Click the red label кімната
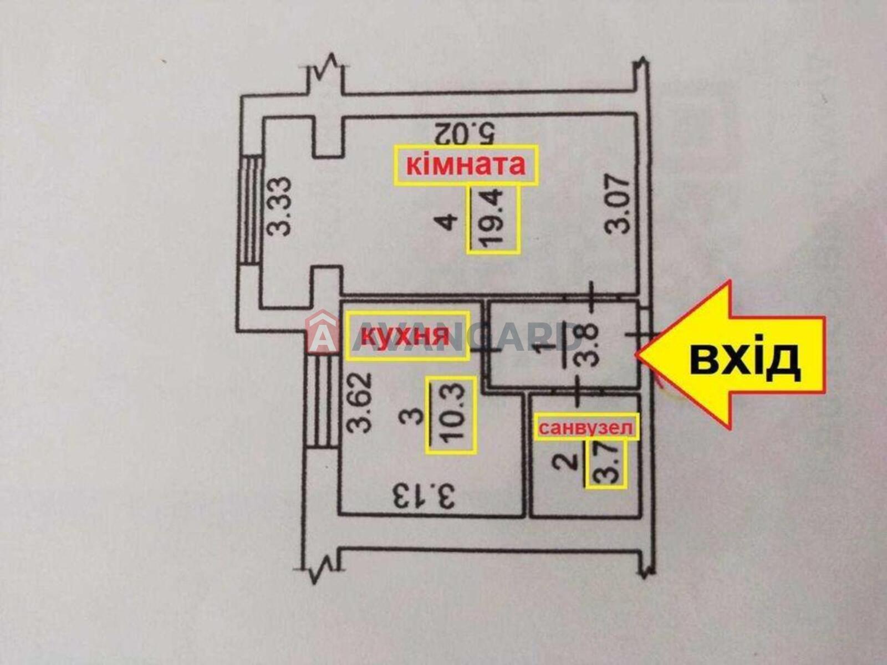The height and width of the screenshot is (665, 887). (466, 166)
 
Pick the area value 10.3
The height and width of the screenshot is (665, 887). (451, 415)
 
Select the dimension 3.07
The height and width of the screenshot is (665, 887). (617, 203)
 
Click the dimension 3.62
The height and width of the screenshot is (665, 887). (359, 402)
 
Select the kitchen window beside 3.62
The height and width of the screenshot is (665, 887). (322, 400)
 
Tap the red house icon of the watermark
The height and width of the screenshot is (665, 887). (323, 330)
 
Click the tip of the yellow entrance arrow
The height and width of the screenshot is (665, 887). (636, 355)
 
